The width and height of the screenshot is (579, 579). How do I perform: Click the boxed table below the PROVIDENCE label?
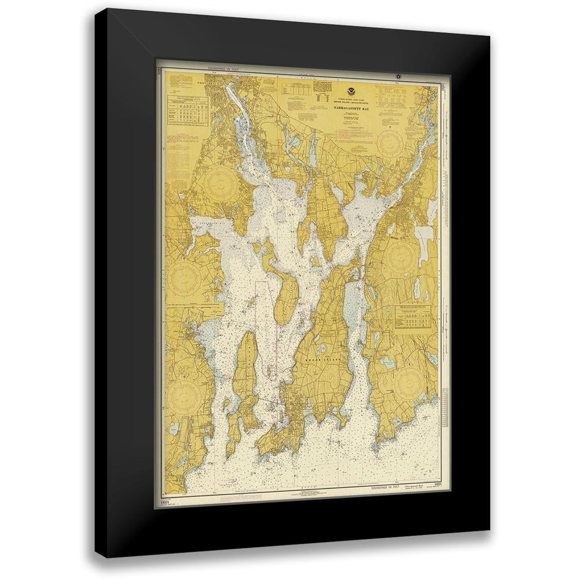[x=188, y=108]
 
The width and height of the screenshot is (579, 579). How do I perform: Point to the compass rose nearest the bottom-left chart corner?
[x=186, y=394]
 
